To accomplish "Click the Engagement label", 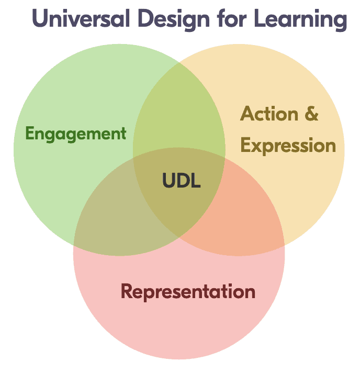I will (76, 134).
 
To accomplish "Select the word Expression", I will (288, 146).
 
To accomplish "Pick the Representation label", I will (188, 291).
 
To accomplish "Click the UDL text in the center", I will (181, 181).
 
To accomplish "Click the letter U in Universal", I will (40, 19).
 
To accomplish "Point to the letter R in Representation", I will (127, 291).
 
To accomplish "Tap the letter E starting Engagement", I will (30, 134).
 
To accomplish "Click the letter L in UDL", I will (196, 181).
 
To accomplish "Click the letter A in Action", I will (247, 114).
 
